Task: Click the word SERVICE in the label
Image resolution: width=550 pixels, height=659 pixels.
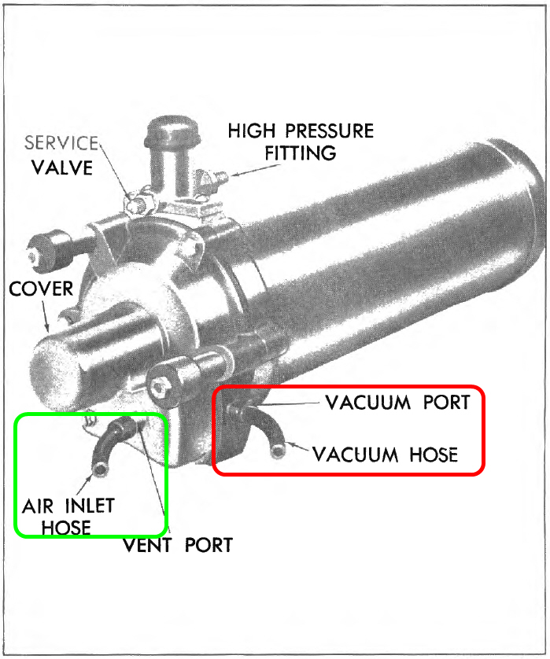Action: pos(61,143)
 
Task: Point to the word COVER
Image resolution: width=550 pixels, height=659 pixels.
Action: pos(41,289)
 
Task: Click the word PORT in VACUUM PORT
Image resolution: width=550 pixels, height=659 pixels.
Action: pos(443,403)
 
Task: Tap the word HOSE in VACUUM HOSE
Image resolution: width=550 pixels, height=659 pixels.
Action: pos(431,455)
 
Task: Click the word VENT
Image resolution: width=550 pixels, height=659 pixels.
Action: pos(149,544)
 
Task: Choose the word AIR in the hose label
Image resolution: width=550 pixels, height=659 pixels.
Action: pos(37,506)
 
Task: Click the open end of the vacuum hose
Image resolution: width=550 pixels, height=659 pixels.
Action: pos(278,451)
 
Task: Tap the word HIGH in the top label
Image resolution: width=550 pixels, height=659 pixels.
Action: pos(252,131)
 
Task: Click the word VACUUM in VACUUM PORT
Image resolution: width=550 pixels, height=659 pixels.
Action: pos(367,403)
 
